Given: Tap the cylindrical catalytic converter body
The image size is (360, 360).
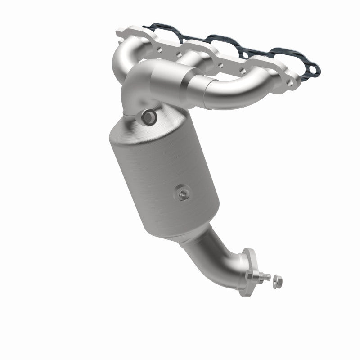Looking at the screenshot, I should [x=162, y=180].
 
